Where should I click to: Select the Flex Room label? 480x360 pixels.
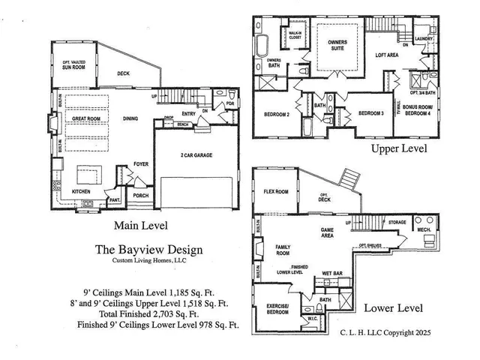275,190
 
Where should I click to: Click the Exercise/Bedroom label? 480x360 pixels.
278,309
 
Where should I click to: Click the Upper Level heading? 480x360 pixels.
399,148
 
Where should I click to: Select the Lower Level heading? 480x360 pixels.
393,307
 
